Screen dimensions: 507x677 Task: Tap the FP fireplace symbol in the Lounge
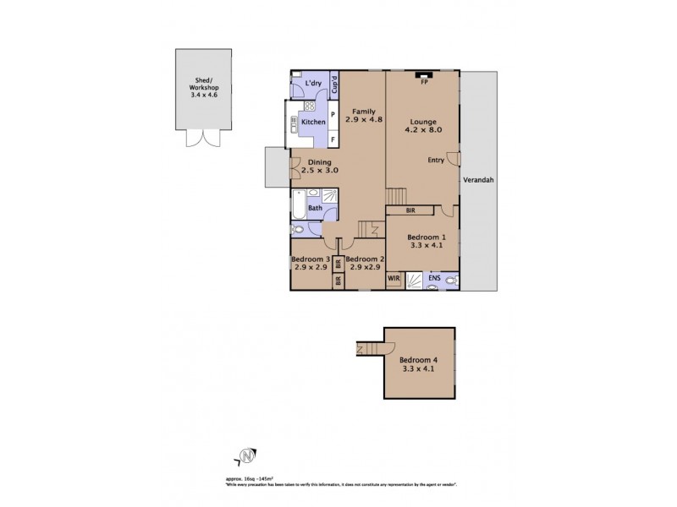click(424, 82)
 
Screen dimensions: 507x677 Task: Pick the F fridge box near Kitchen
click(333, 138)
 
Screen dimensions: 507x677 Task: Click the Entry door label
click(435, 161)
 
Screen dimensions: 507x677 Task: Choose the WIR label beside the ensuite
click(394, 277)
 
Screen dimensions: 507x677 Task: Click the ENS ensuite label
click(433, 277)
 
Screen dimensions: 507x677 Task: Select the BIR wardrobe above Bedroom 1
click(410, 209)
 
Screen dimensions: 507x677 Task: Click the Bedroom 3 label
click(309, 259)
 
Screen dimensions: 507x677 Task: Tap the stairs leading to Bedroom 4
click(366, 348)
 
